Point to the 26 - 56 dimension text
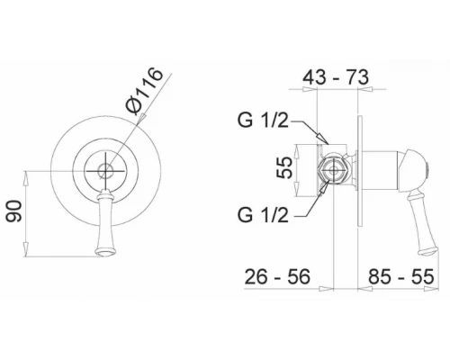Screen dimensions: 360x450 tap(277, 277)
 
